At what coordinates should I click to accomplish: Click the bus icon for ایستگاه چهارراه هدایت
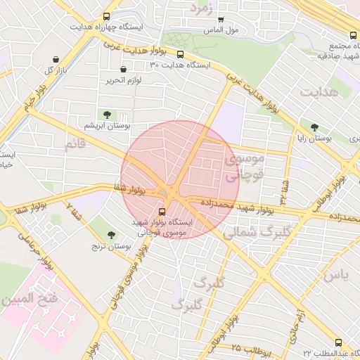point(106,16)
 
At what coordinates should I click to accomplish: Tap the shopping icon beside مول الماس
point(221,20)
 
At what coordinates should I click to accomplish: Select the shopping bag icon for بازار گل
point(56,60)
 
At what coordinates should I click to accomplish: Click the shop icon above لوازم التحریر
point(124,70)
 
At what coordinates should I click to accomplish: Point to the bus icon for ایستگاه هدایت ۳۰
point(180,54)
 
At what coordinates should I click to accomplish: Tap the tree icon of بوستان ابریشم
point(107,114)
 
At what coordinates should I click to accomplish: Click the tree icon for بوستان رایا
point(314,128)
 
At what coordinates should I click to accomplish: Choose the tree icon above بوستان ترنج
point(112,235)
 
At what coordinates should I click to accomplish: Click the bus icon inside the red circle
point(162,210)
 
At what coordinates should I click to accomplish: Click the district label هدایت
point(319,92)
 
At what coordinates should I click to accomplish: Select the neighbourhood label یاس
point(335,274)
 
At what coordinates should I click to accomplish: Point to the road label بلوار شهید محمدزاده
point(238,206)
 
